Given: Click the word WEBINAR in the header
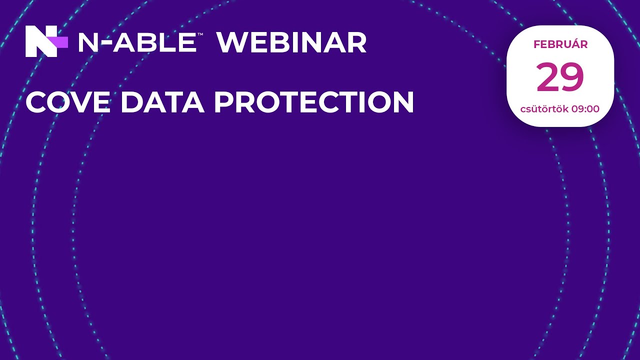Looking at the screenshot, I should pos(291,42).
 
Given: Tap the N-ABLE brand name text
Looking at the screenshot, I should pos(136,42).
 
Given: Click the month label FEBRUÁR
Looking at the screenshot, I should pos(560,44).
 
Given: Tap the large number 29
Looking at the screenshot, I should pos(560,77).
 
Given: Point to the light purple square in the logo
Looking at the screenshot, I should pos(61,42).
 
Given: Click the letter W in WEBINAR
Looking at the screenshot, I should pos(230,42).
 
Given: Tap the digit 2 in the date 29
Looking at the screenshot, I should pos(548,77).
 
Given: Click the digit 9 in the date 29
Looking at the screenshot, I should pos(572,77).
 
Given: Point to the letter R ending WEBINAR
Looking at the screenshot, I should pos(357,42).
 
